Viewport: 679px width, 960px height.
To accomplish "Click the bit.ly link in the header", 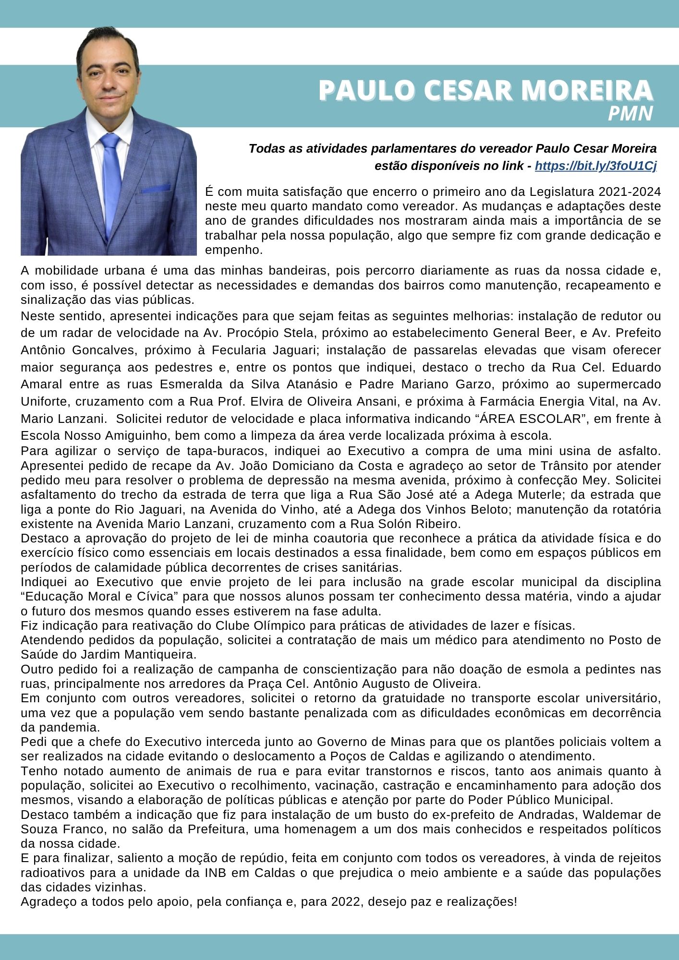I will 595,166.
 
